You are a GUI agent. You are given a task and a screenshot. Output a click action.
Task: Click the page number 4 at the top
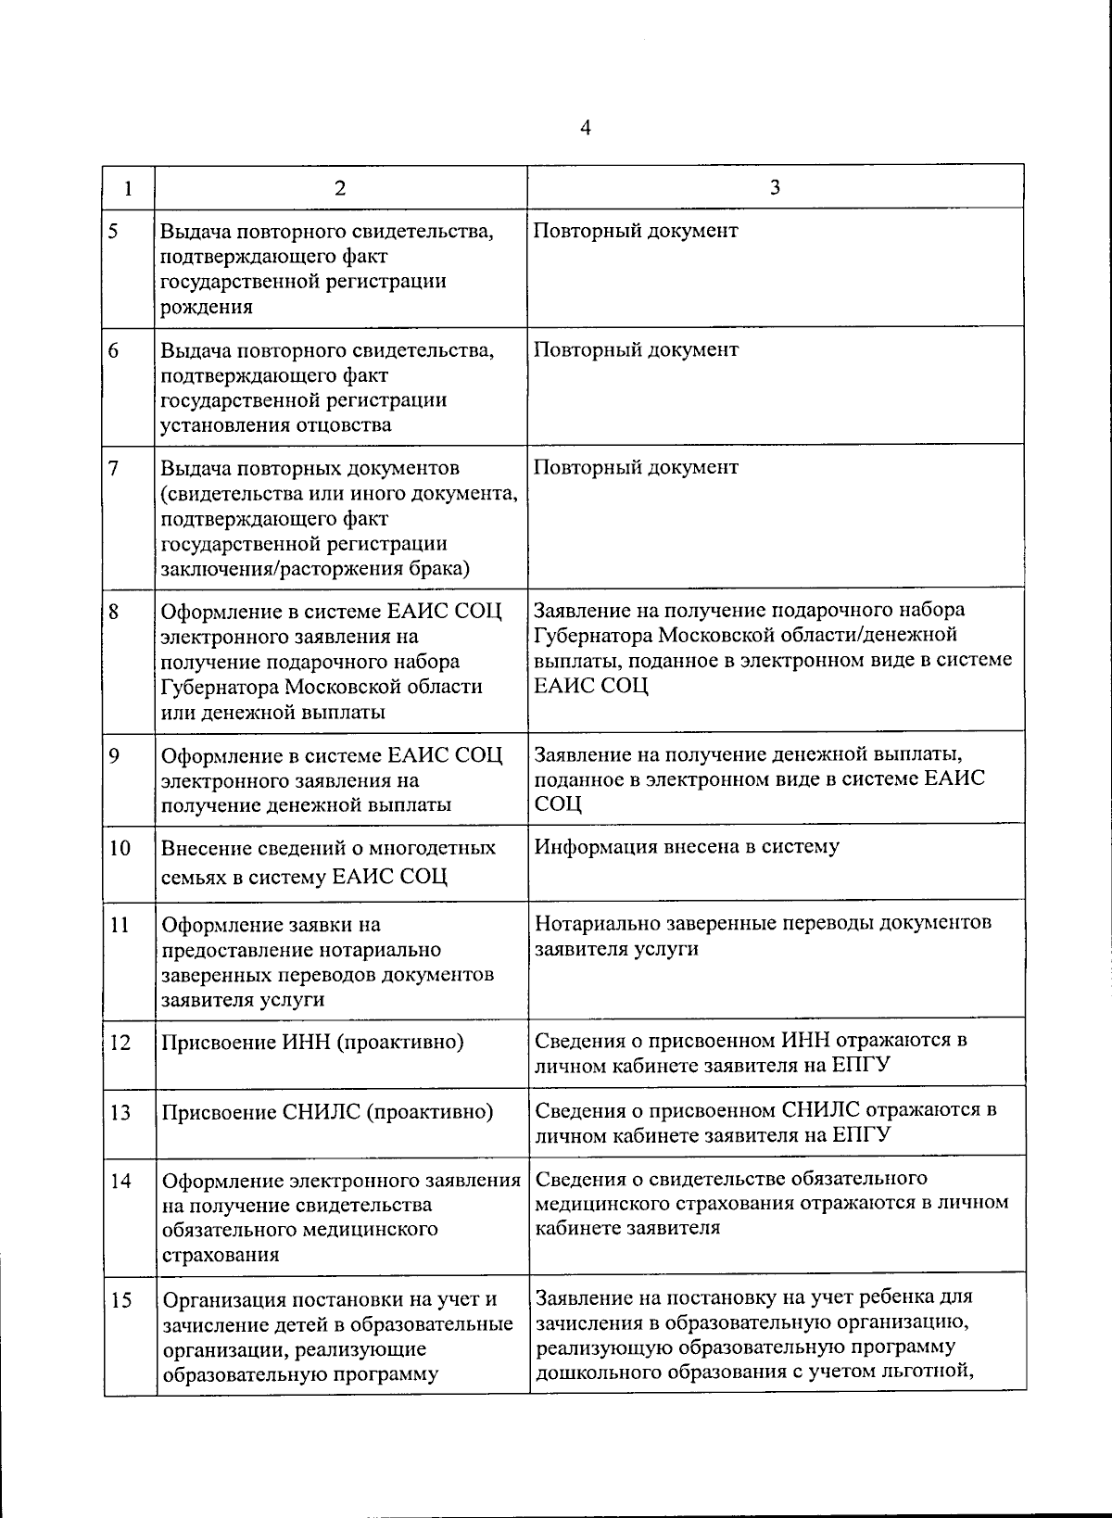tap(585, 128)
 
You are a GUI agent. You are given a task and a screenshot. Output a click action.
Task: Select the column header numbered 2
tap(340, 188)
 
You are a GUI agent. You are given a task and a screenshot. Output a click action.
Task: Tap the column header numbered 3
tap(775, 187)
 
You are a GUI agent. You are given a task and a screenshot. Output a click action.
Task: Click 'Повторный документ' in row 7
tap(636, 467)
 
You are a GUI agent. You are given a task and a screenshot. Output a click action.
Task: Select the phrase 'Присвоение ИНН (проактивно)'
tap(312, 1043)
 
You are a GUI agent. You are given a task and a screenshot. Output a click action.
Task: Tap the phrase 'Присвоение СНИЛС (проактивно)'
tap(327, 1112)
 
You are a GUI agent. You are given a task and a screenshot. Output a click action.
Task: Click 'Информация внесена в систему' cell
tap(687, 846)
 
